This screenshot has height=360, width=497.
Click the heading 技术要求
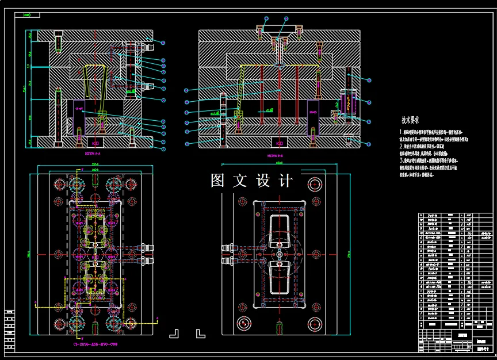pos(410,121)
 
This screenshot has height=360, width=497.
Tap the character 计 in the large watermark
pos(285,181)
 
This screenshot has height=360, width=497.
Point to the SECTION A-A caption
pos(92,154)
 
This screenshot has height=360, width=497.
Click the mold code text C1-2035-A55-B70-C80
pos(95,344)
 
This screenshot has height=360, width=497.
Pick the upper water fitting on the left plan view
pos(148,248)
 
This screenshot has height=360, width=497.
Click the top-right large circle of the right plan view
pos(314,184)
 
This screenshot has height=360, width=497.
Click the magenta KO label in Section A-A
pos(96,141)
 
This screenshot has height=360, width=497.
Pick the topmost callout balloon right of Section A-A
pos(163,43)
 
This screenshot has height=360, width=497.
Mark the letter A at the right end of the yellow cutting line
pos(155,317)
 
